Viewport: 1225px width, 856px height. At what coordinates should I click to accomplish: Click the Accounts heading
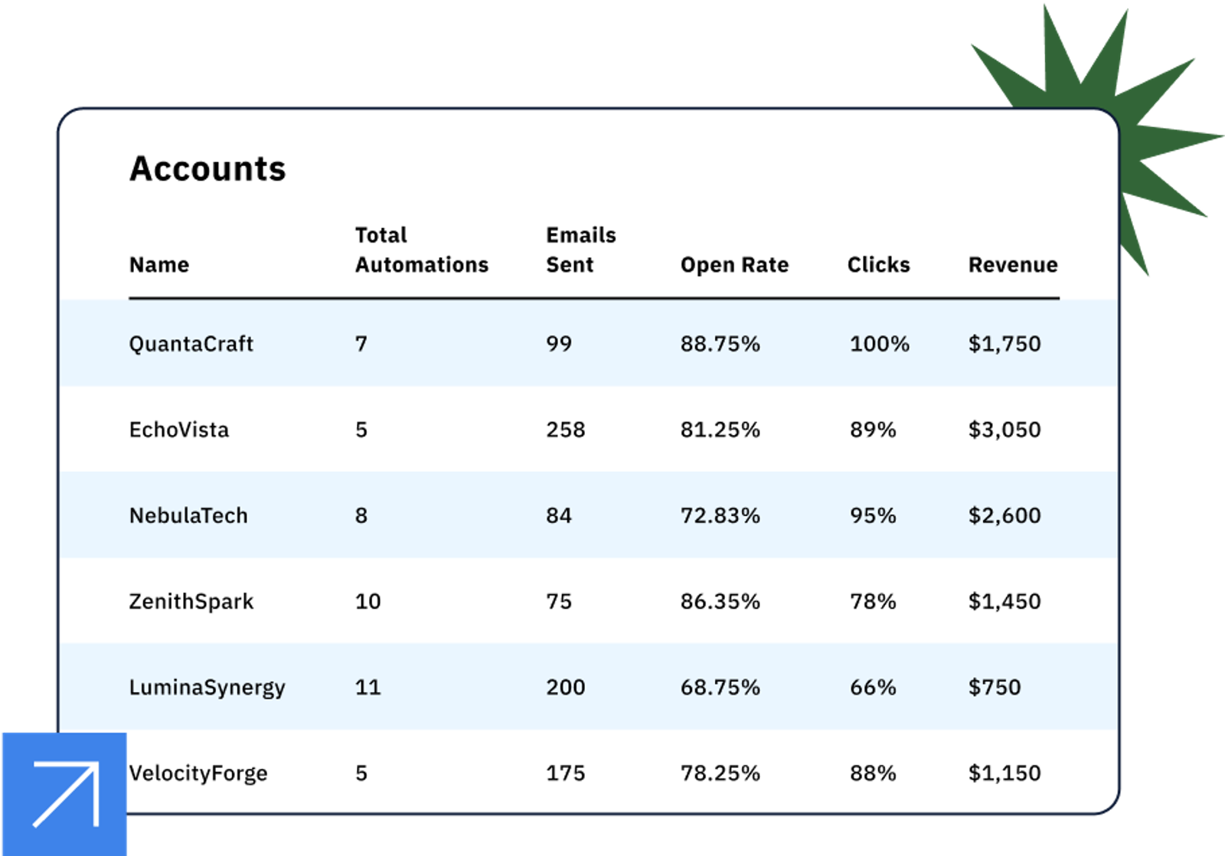coord(207,168)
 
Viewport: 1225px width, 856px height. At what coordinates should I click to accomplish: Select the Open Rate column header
coord(734,265)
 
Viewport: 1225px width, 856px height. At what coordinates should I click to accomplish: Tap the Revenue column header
coord(1012,265)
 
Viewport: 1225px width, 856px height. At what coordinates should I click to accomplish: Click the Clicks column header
coord(878,265)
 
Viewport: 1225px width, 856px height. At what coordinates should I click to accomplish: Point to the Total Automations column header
coord(421,250)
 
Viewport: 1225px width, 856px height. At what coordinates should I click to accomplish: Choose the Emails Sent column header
coord(580,250)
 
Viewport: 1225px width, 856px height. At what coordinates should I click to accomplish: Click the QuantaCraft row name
coord(191,344)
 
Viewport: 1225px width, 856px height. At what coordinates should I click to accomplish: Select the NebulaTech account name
coord(188,515)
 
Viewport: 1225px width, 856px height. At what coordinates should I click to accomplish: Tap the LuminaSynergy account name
coord(207,688)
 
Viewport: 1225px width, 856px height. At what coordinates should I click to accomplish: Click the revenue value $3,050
coord(1004,430)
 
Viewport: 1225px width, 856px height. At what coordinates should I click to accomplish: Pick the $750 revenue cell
coord(994,687)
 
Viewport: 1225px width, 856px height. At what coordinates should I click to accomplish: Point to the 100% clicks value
coord(879,344)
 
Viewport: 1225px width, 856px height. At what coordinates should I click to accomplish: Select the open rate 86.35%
coord(720,601)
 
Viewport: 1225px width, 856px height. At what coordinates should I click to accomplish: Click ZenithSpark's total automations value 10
coord(367,601)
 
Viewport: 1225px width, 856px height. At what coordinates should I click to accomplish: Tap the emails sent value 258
coord(565,430)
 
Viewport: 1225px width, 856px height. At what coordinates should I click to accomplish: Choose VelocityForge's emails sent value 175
coord(565,773)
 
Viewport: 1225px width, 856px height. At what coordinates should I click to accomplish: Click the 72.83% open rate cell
coord(720,515)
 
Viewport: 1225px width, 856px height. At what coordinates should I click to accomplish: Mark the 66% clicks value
coord(872,687)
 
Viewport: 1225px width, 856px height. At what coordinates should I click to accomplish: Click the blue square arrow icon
coord(64,794)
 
